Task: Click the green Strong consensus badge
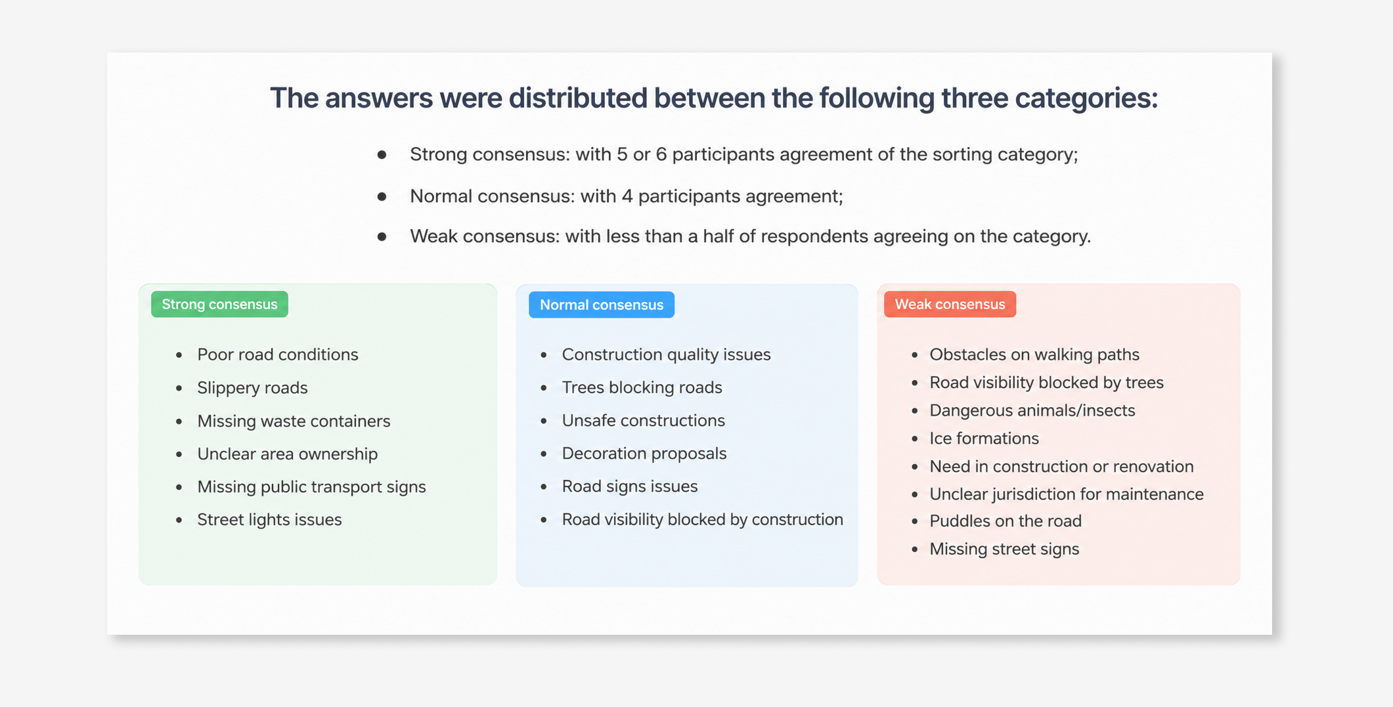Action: (219, 304)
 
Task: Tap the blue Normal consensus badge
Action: (602, 305)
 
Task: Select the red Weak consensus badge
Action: (950, 304)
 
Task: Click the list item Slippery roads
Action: (252, 388)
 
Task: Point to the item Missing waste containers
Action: (294, 421)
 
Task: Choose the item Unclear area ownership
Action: (288, 454)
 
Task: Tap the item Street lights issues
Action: (269, 519)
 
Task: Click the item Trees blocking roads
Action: (642, 387)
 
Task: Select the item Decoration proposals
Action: (644, 453)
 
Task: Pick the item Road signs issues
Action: (630, 486)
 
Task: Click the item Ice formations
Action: (984, 438)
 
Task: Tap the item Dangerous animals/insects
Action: (1032, 410)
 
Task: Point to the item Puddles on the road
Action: (1006, 521)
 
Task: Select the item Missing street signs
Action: (1004, 549)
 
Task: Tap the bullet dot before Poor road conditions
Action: (179, 355)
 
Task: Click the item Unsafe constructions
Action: (643, 420)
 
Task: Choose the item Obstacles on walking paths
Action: (1034, 354)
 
